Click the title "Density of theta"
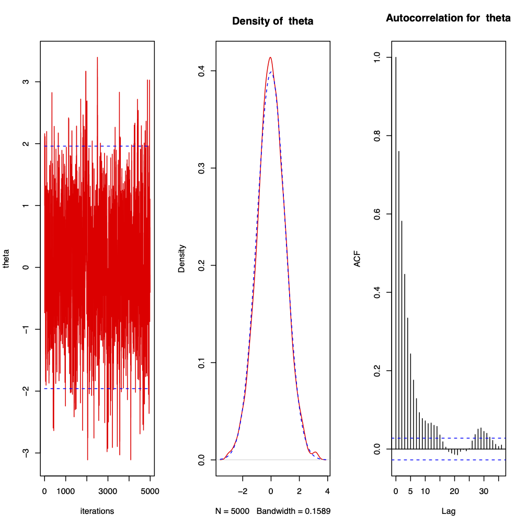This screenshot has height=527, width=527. (x=272, y=21)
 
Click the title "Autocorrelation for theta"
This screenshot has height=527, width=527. (x=448, y=18)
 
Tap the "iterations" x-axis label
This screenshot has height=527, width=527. (x=97, y=511)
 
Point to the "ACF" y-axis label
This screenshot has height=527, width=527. (x=357, y=259)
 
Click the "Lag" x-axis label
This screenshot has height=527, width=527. (x=448, y=511)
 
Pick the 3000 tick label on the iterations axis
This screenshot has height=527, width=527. (x=108, y=492)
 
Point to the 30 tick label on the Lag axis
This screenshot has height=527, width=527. (x=484, y=492)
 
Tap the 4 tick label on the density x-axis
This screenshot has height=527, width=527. (x=327, y=492)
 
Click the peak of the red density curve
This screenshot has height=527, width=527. (x=270, y=58)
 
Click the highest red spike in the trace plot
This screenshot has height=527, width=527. (x=97, y=58)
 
